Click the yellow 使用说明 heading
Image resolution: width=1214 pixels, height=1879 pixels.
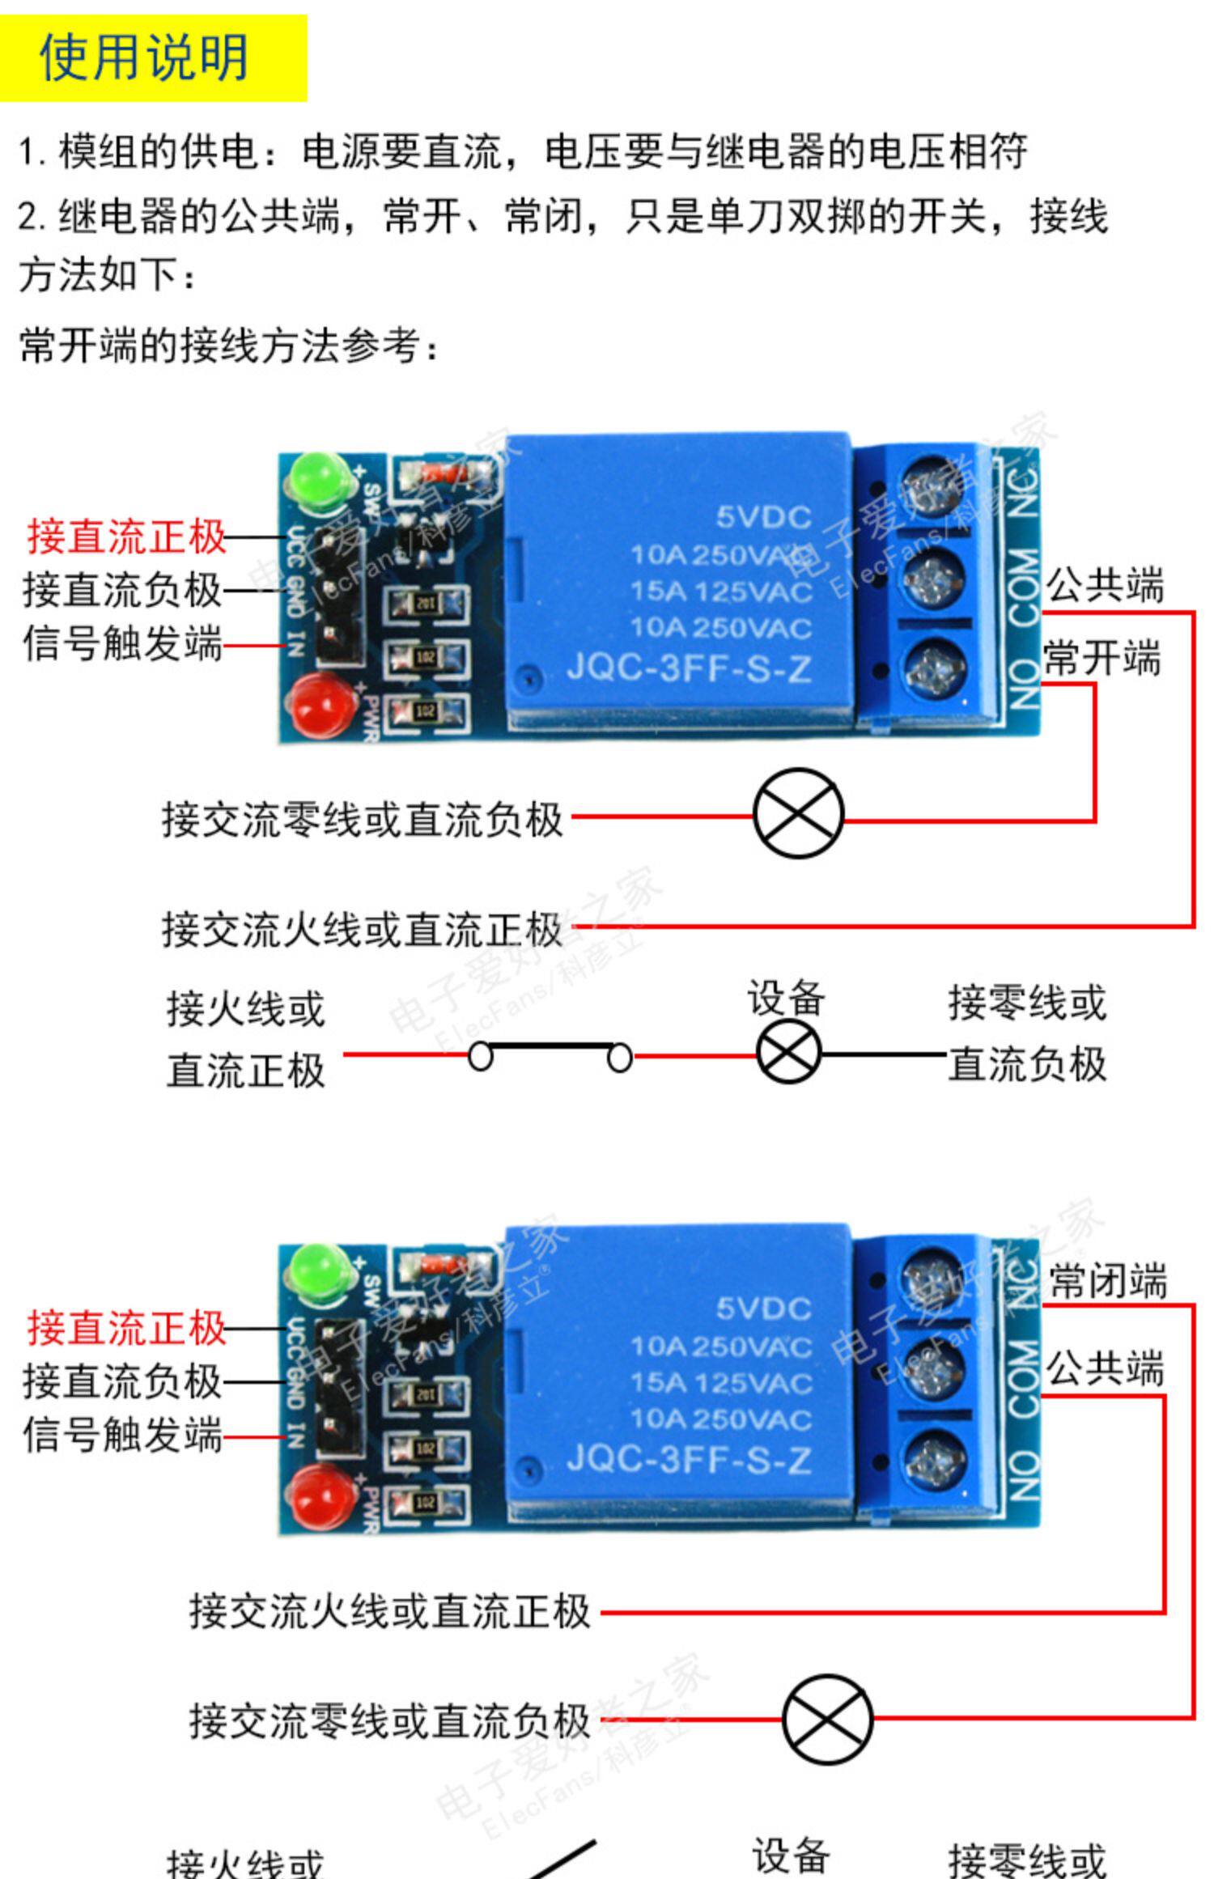[144, 58]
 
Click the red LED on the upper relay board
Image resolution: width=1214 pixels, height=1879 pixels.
[320, 704]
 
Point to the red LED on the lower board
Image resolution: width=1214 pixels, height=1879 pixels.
[320, 1495]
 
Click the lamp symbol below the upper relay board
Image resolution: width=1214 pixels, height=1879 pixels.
[798, 812]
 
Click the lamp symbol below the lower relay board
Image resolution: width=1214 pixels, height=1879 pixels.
[827, 1719]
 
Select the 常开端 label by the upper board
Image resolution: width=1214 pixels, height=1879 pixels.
[1102, 657]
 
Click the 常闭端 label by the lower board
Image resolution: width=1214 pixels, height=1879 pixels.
[1107, 1281]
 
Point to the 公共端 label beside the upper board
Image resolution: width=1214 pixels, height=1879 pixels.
[1106, 584]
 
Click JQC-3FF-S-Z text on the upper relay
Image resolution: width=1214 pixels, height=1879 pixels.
[688, 668]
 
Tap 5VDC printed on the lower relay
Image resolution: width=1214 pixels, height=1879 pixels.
[763, 1309]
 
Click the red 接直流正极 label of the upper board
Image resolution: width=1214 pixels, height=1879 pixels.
[126, 536]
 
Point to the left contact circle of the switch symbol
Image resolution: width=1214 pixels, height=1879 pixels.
[481, 1056]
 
